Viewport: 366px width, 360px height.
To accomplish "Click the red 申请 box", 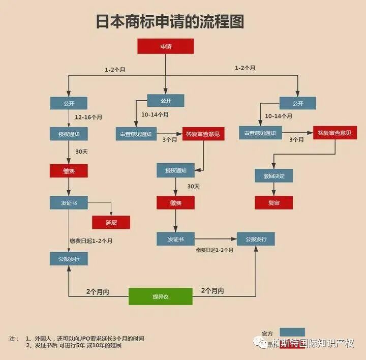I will click(166, 47).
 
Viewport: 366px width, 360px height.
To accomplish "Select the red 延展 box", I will click(111, 222).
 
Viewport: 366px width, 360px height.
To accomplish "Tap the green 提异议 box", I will click(160, 296).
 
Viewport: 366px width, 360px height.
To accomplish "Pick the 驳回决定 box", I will click(273, 176).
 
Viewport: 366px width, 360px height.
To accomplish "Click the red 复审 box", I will click(273, 202).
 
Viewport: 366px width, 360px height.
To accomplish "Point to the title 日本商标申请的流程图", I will click(170, 21).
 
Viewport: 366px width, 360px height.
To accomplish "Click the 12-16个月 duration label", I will click(88, 117).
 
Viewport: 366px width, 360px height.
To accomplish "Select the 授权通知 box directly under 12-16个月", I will click(69, 134).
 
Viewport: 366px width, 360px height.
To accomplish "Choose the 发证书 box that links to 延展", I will click(69, 202).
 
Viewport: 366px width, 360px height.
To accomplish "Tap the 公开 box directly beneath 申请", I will click(166, 101).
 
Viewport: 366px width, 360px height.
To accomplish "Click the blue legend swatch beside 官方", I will click(292, 332).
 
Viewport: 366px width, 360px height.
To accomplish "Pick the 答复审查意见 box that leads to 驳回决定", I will click(334, 133).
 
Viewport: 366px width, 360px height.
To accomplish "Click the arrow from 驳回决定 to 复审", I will click(273, 189).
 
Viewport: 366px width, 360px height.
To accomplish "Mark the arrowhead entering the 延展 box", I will click(111, 214).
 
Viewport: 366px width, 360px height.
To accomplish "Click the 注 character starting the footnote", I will click(12, 338).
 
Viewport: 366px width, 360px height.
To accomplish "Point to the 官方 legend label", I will click(267, 334).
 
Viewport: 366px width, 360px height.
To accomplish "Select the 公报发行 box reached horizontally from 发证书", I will click(256, 238).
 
